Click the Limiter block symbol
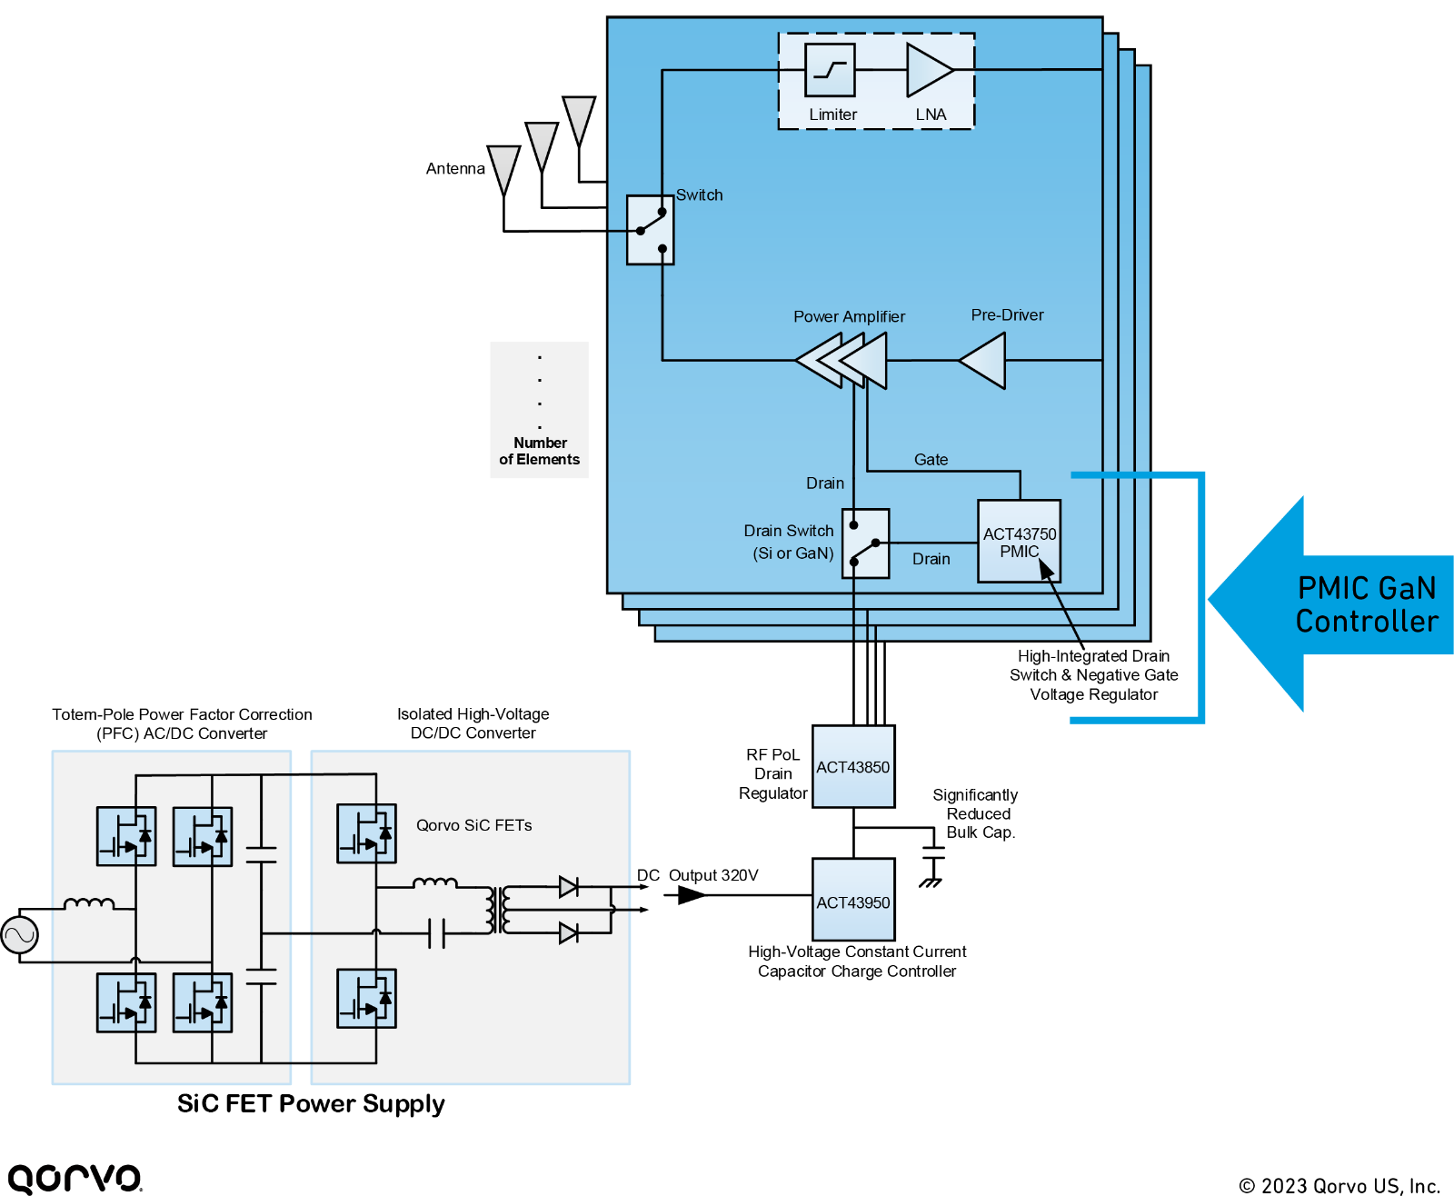(830, 70)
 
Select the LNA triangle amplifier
(930, 70)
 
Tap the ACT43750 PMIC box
(1019, 541)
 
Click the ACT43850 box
(853, 766)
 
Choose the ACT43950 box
(853, 899)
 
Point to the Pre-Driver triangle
(982, 361)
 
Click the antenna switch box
(650, 230)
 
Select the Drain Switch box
(865, 543)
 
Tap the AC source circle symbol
(19, 935)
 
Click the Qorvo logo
(75, 1178)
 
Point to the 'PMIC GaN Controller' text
(1367, 604)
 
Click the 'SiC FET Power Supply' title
(311, 1103)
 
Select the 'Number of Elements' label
(540, 451)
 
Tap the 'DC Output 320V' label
(697, 875)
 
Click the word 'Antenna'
(455, 168)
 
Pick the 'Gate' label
(931, 459)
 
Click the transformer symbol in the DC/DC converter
(499, 910)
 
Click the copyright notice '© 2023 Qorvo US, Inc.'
(1339, 1185)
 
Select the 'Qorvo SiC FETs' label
(473, 825)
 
